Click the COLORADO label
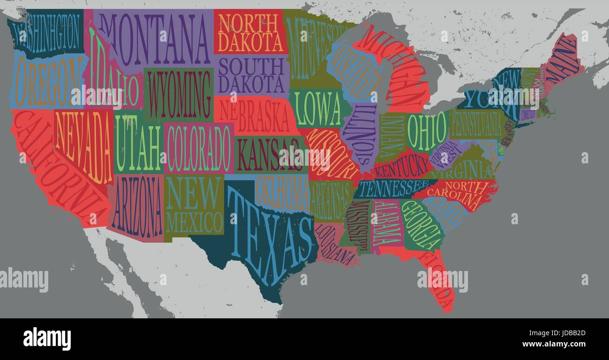click(199, 148)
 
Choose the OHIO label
click(426, 131)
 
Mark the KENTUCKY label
click(403, 167)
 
